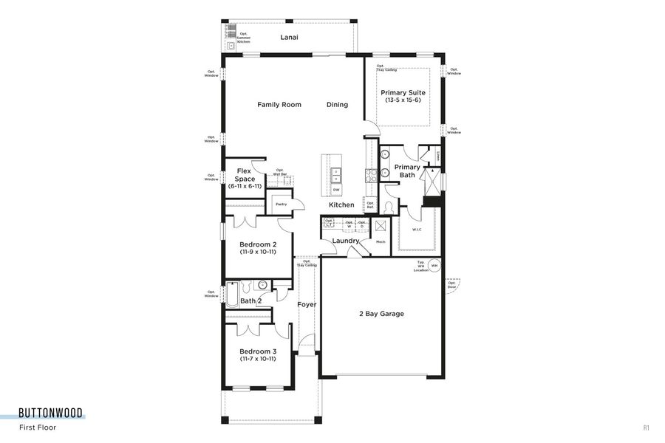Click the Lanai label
pos(289,37)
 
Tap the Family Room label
pos(279,105)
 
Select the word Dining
pos(337,105)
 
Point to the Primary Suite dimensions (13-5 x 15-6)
pos(403,100)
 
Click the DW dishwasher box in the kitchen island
pos(336,190)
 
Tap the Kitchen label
pos(341,205)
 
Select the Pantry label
pos(281,204)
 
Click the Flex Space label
pos(245,175)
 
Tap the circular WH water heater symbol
pos(434,265)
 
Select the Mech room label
pos(381,241)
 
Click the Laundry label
pos(345,241)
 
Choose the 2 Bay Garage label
pos(381,314)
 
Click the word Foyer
pos(307,304)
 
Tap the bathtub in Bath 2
pos(232,295)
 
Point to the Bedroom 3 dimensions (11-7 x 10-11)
pos(258,359)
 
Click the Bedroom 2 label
pos(258,244)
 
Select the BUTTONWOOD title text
pos(51,413)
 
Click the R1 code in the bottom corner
pos(645,427)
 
